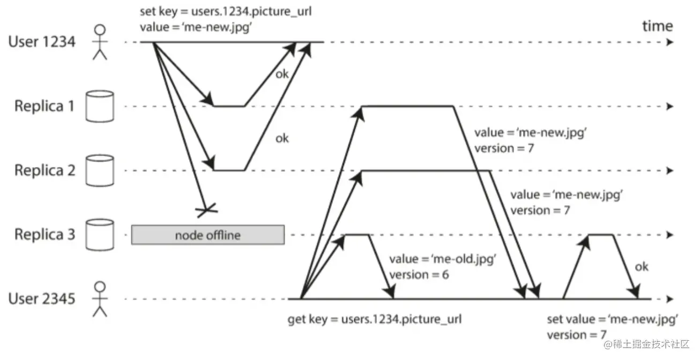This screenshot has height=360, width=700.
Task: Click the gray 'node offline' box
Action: point(208,235)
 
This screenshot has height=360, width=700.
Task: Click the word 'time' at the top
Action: point(657,26)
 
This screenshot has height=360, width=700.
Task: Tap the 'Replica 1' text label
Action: point(45,106)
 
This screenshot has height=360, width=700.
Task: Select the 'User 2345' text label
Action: point(42,298)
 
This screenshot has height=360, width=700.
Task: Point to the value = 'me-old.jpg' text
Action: point(441,259)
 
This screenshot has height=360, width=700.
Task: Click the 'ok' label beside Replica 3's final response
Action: point(641,266)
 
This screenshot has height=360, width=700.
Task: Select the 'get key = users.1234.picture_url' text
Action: point(375,319)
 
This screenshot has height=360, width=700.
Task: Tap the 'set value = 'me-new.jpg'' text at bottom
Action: point(613,319)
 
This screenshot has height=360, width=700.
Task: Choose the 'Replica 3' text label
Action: point(45,234)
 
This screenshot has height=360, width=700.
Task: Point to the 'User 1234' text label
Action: point(42,42)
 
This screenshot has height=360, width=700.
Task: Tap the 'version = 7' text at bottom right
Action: point(573,335)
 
